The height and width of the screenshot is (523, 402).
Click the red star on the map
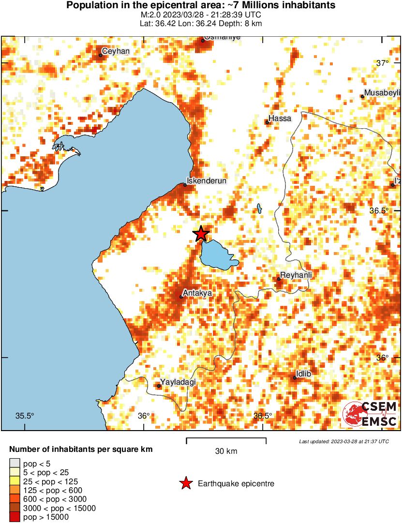[201, 234]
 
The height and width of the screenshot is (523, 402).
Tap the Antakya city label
[197, 293]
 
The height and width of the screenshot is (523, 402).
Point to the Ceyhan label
[116, 51]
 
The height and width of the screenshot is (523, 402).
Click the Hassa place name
[281, 118]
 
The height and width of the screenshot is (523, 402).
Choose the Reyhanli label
[296, 275]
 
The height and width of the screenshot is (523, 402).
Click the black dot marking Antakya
[181, 297]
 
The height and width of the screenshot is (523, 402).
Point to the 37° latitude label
[383, 63]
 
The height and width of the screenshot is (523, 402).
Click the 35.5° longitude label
[25, 416]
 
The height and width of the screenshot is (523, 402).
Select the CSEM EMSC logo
[371, 414]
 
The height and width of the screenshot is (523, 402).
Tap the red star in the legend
[185, 483]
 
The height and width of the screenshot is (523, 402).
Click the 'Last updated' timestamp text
[344, 441]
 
